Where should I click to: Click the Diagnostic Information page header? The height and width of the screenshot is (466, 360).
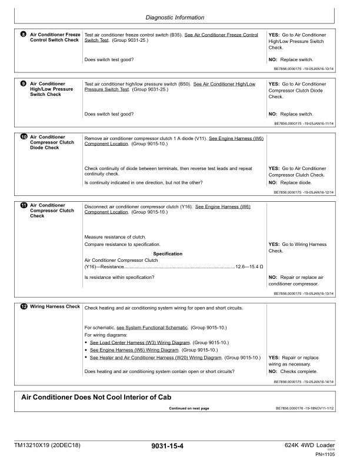click(x=180, y=18)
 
